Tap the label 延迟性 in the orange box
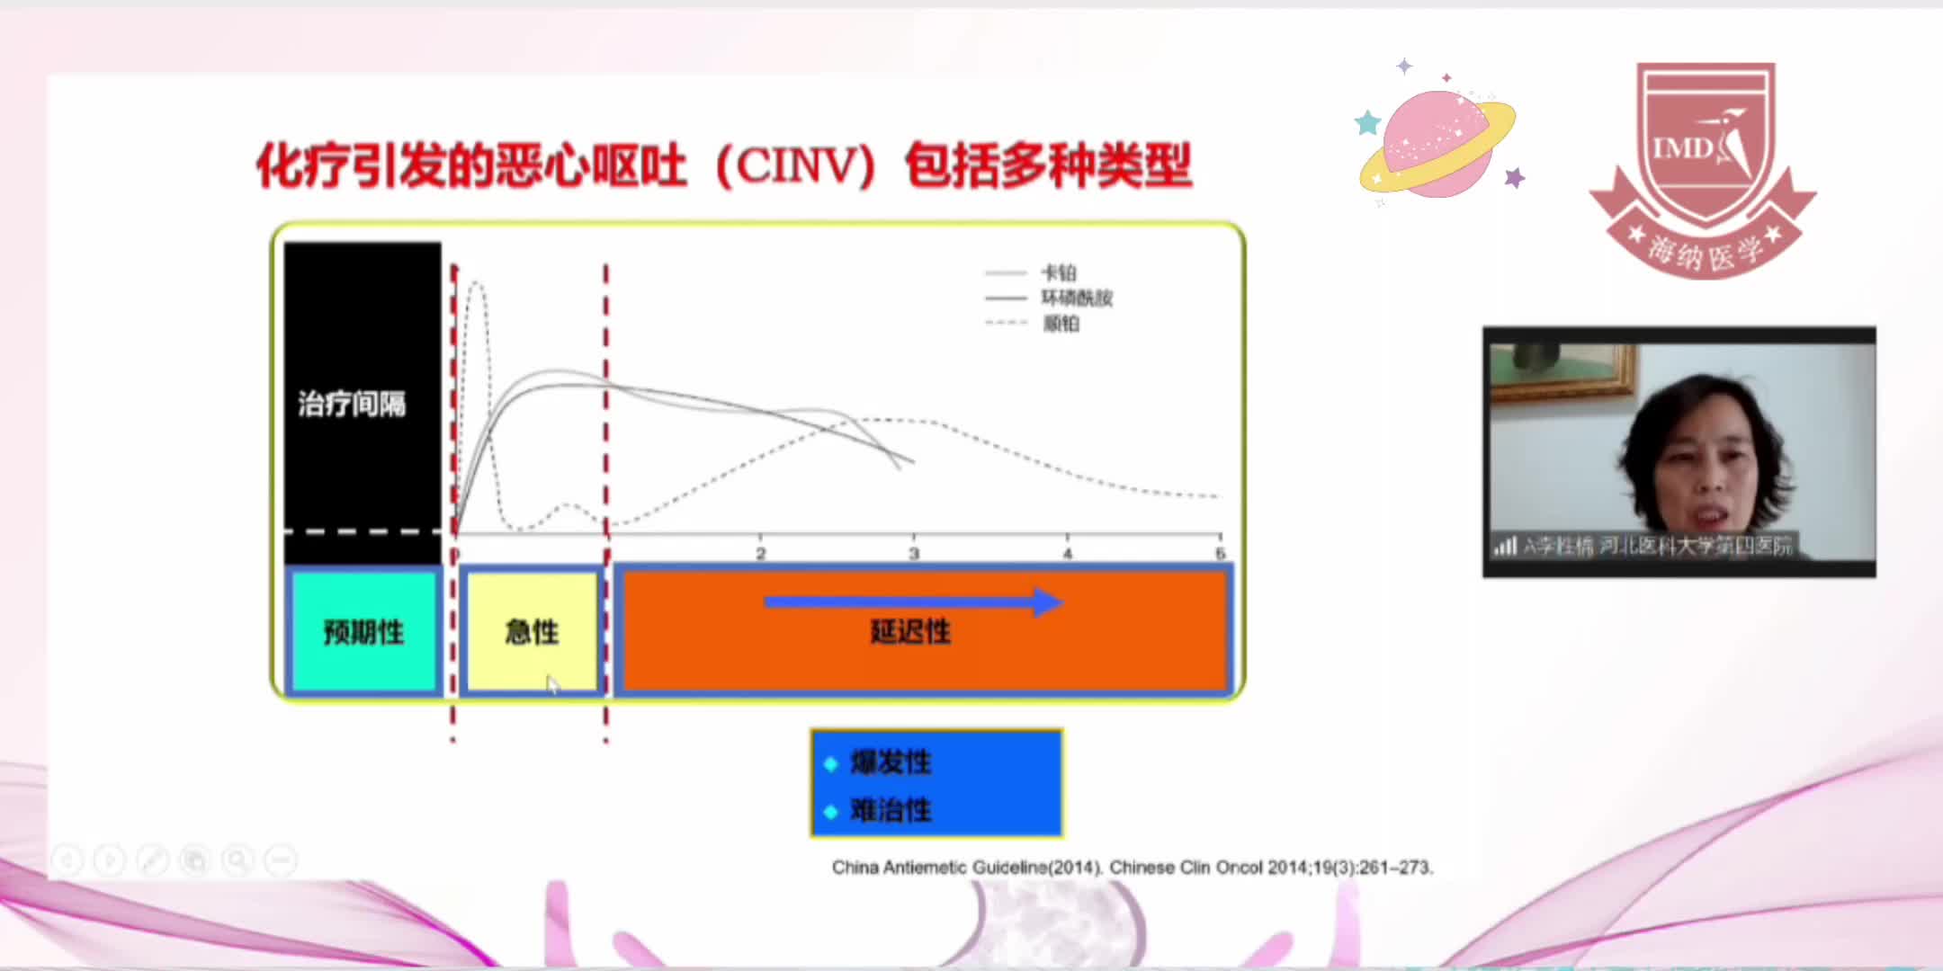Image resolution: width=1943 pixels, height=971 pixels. click(x=910, y=632)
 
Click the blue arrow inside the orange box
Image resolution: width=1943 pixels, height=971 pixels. click(x=912, y=601)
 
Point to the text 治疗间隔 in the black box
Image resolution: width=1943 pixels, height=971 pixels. click(x=352, y=404)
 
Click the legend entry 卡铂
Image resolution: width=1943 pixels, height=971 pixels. click(x=1059, y=272)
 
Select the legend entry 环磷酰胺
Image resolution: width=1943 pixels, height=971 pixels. click(x=1076, y=298)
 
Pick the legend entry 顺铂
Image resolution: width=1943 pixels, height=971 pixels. click(x=1061, y=323)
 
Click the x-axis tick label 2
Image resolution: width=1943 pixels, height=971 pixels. click(x=761, y=553)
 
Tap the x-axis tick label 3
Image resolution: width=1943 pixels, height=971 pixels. click(x=914, y=553)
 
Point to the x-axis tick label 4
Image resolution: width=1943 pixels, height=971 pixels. click(x=1068, y=553)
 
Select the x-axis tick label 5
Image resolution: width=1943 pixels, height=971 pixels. click(x=1220, y=553)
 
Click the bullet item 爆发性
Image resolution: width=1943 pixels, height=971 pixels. click(x=891, y=762)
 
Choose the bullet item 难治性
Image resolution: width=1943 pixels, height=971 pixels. click(x=891, y=810)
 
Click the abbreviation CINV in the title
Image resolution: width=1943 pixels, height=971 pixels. click(x=796, y=166)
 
